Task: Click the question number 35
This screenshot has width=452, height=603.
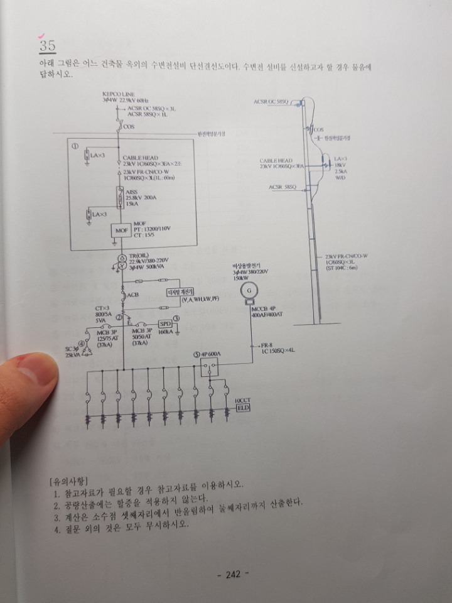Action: [47, 45]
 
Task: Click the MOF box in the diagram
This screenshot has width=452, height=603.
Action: [121, 231]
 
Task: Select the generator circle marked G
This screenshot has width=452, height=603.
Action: [249, 290]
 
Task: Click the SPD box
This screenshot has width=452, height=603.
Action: [166, 323]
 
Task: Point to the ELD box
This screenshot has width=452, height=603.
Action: [243, 408]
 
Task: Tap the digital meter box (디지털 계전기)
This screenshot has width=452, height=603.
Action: [180, 292]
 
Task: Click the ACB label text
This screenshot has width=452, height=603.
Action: [132, 295]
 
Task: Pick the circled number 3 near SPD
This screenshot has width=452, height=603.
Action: [178, 318]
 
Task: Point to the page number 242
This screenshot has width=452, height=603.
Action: [233, 573]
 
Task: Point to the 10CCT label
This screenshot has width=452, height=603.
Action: [242, 400]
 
